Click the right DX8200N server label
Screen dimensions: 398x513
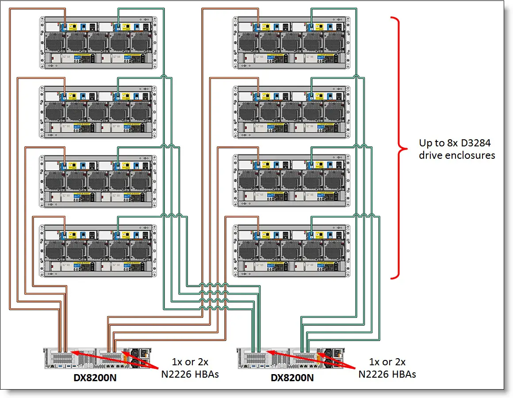point(292,378)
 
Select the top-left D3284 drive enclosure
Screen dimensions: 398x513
point(98,42)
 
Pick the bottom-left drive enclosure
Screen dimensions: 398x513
point(98,251)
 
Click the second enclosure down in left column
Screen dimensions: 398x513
point(98,112)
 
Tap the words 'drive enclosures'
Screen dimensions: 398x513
point(457,155)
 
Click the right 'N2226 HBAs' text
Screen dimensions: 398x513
point(387,374)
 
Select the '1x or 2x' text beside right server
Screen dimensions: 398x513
point(387,362)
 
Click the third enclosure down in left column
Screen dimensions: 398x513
point(98,181)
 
